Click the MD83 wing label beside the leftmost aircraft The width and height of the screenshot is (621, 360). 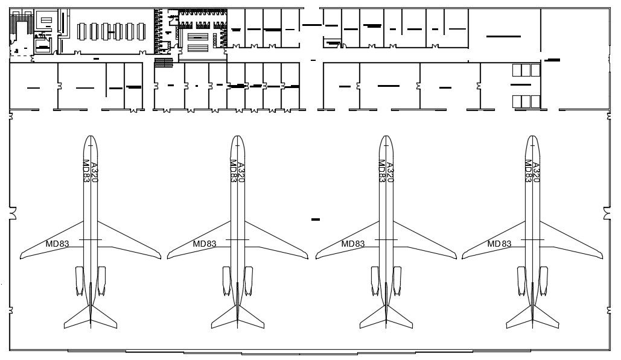click(x=57, y=244)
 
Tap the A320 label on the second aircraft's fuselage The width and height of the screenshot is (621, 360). click(x=241, y=172)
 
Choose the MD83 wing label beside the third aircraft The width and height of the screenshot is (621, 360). click(x=353, y=244)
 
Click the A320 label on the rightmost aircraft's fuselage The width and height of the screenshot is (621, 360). click(x=536, y=172)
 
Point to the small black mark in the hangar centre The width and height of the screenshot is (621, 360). click(x=315, y=219)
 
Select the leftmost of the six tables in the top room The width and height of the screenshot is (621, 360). click(x=83, y=31)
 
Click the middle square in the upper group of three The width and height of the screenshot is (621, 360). click(x=526, y=71)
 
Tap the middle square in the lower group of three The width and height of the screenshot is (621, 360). click(x=526, y=101)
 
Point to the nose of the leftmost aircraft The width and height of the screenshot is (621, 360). click(x=90, y=137)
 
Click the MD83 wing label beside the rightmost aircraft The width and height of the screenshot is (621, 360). click(x=499, y=244)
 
